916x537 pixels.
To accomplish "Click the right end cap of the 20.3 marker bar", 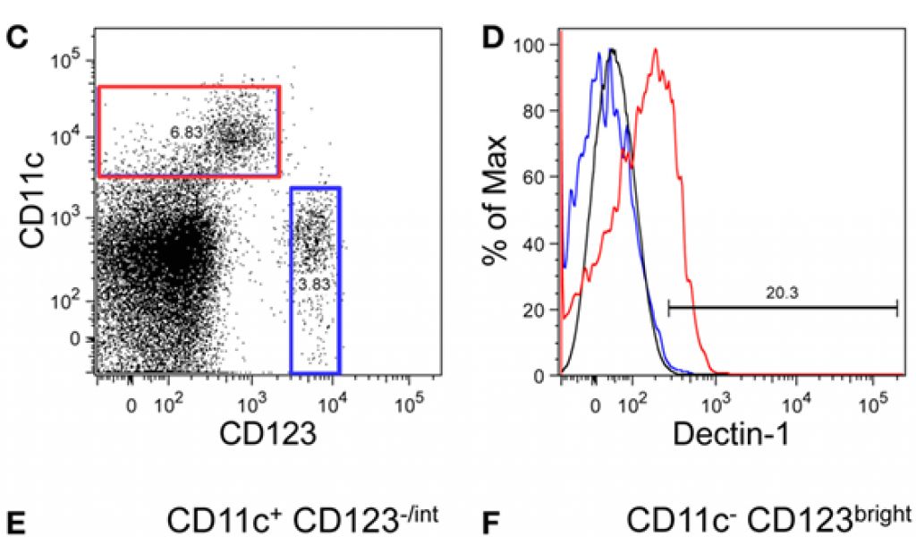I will pyautogui.click(x=896, y=308).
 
